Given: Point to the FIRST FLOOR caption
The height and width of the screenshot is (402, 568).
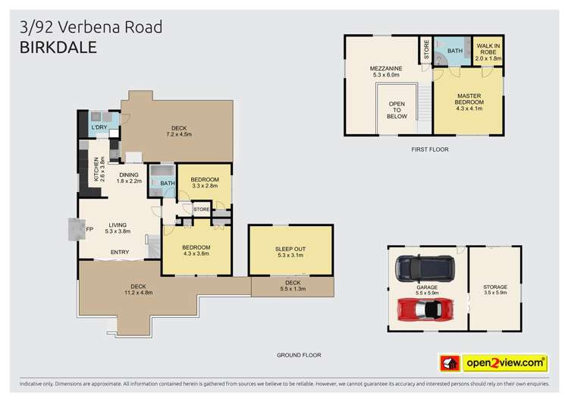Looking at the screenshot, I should point(429,149).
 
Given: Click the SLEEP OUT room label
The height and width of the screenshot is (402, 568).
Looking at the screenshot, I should point(290,252).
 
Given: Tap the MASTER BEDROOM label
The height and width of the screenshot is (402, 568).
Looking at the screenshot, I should point(469,99).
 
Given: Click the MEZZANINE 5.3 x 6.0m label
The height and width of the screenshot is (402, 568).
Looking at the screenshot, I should point(387,72).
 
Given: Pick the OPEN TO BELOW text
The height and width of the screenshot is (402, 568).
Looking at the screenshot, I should point(397,110).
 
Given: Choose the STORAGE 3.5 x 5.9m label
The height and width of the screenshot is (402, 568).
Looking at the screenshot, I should point(495,291).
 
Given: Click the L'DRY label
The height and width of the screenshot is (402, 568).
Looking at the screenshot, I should point(99,127).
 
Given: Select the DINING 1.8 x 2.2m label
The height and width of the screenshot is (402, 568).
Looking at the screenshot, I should point(129,177).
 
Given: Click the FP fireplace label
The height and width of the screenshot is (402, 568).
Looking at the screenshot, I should point(89,228).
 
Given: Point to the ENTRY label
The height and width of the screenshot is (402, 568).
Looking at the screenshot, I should point(120,252).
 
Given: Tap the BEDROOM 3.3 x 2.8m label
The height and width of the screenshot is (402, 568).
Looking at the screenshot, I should point(204,182).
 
